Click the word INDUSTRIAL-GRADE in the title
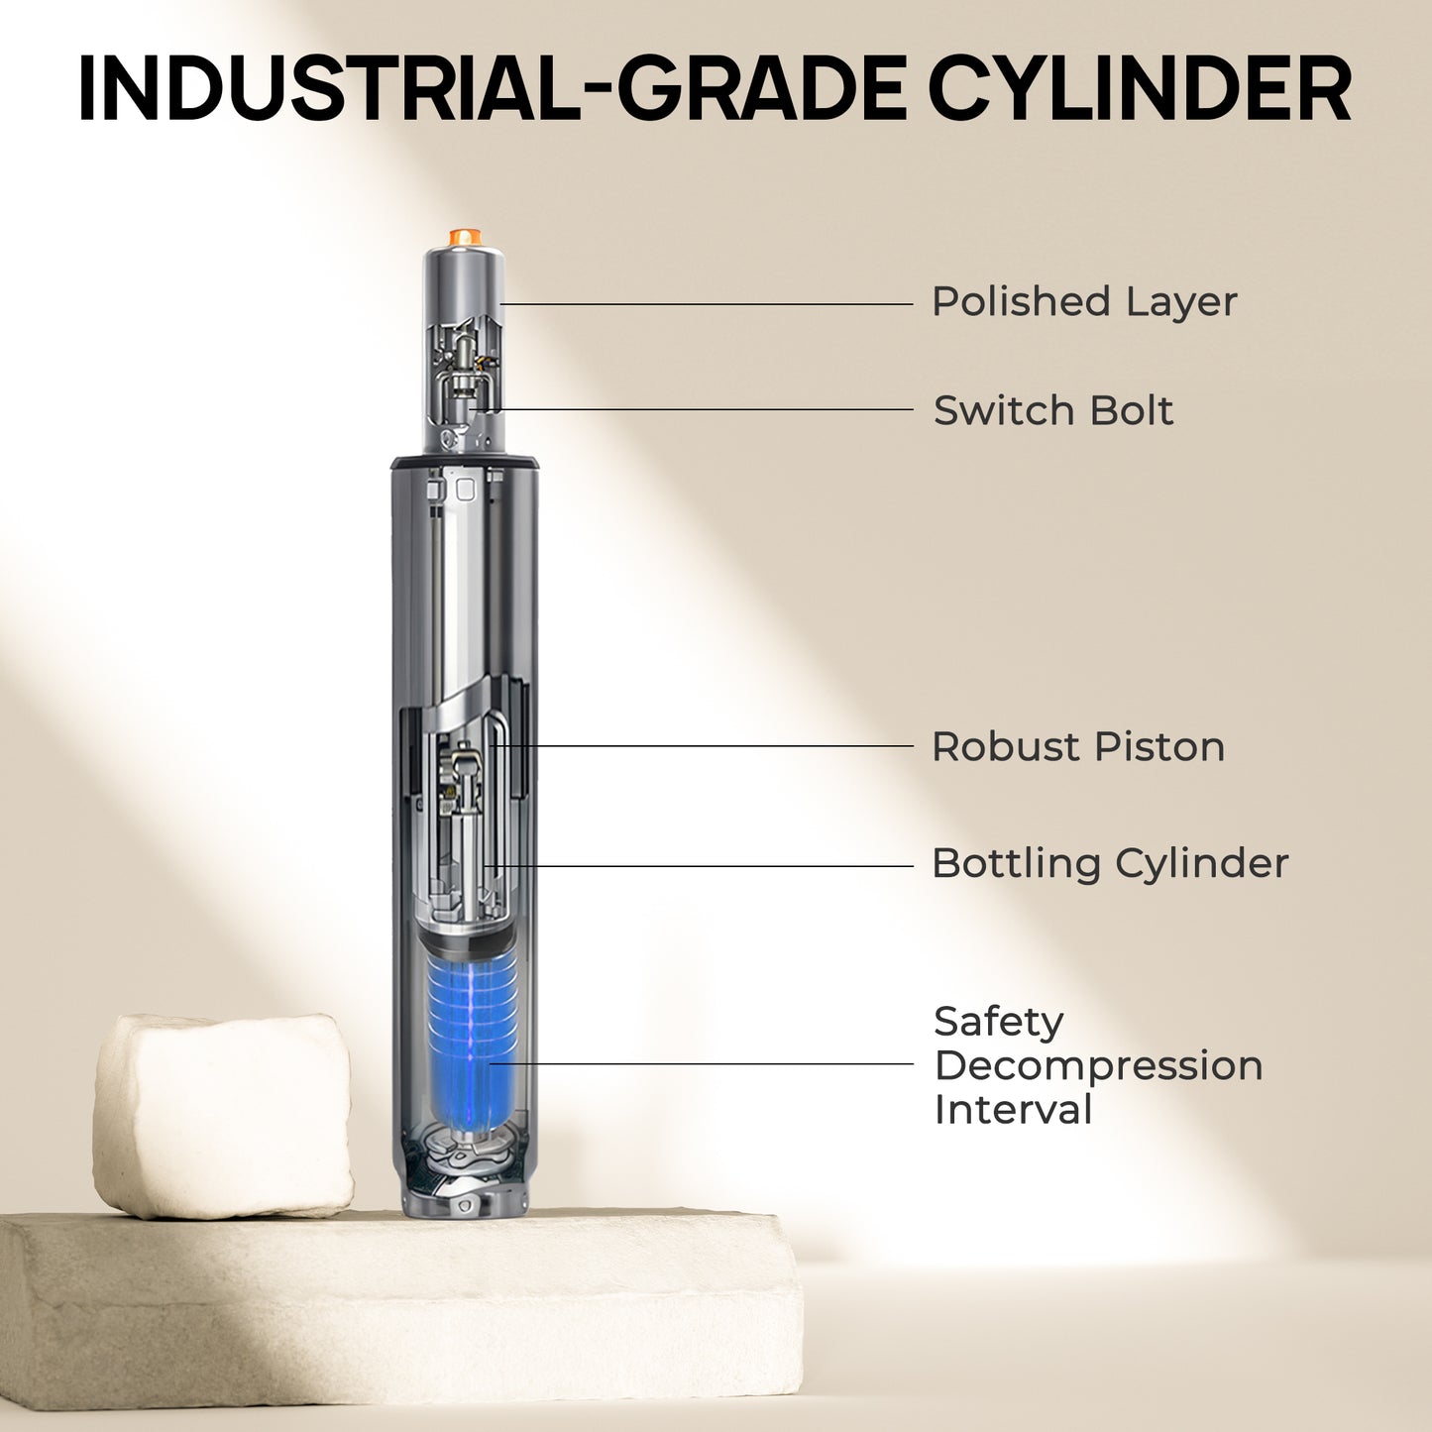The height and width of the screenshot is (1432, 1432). (x=491, y=86)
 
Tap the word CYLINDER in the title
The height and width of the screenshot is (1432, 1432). (x=1140, y=86)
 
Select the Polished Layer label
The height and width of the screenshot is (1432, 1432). (x=1084, y=301)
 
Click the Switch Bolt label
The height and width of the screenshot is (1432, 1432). (x=1053, y=410)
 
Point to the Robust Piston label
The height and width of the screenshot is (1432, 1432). (x=1078, y=746)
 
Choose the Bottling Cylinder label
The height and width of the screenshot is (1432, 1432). (x=1110, y=863)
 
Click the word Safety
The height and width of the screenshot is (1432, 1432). (x=999, y=1024)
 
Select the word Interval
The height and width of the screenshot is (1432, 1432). (x=1013, y=1110)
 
